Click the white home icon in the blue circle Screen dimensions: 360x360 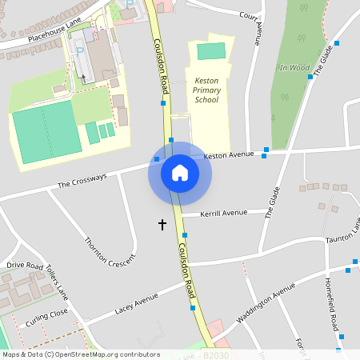point(179,173)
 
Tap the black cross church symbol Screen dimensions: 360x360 point(162,225)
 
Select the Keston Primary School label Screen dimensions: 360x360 point(206,90)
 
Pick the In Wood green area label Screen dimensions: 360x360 point(294,68)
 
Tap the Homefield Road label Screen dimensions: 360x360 point(334,305)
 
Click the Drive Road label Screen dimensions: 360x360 point(24,265)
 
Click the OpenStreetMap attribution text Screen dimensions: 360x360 point(80,354)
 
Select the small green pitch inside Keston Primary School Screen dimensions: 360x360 point(211,51)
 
